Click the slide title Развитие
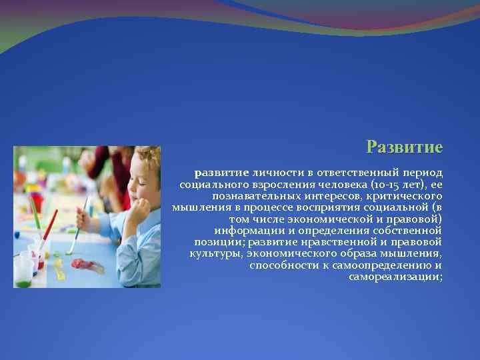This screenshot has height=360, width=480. click(x=405, y=147)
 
